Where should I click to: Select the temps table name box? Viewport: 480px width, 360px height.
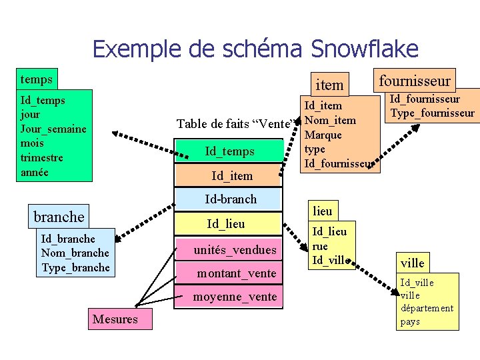point(37,79)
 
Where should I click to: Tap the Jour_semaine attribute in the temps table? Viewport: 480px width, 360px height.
point(53,128)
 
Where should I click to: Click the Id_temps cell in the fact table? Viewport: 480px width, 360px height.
point(229,151)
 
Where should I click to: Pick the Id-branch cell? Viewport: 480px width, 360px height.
point(230,199)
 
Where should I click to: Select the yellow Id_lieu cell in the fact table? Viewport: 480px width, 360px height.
point(226,224)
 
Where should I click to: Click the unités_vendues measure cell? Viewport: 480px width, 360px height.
point(235,249)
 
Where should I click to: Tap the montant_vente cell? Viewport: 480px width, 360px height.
point(236,273)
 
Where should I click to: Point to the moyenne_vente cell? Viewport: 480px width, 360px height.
point(235,297)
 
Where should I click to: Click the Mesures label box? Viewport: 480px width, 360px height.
point(115,319)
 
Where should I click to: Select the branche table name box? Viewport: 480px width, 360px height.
point(59,217)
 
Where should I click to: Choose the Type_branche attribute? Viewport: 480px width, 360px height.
point(75,267)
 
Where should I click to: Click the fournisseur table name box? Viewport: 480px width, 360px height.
point(415,81)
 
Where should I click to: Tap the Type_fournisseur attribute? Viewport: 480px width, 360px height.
point(432,113)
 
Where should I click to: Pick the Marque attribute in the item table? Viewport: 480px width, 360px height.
point(323,135)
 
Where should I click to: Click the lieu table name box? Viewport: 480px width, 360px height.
point(323,211)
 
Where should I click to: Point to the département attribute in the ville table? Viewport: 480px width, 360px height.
point(427,308)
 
